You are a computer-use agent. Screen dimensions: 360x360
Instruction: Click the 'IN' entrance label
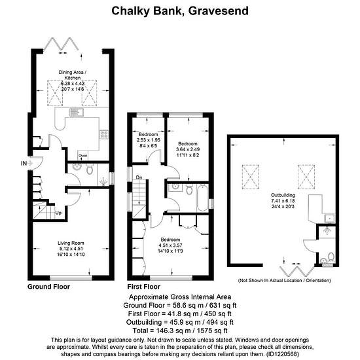pyautogui.click(x=24, y=163)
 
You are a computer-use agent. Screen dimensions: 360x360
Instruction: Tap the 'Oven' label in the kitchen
pyautogui.click(x=83, y=156)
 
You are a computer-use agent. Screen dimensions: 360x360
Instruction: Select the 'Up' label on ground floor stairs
pyautogui.click(x=58, y=213)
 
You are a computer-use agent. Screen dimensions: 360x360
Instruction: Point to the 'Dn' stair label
pyautogui.click(x=139, y=177)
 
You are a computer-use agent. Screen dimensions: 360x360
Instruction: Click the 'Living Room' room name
pyautogui.click(x=71, y=243)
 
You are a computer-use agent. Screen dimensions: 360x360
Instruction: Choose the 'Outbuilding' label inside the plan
pyautogui.click(x=283, y=195)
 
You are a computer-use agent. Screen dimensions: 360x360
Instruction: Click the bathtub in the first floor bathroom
pyautogui.click(x=202, y=198)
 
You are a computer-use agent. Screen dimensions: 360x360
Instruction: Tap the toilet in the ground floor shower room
pyautogui.click(x=90, y=170)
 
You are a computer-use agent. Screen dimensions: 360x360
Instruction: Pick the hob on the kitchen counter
pyautogui.click(x=104, y=135)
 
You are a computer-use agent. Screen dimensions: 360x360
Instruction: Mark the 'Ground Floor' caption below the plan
pyautogui.click(x=48, y=287)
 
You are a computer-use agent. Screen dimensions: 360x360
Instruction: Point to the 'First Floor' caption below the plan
pyautogui.click(x=144, y=287)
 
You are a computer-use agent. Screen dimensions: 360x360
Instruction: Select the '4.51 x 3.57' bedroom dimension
pyautogui.click(x=170, y=245)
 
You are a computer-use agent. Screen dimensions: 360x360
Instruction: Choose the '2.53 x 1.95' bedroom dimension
pyautogui.click(x=149, y=140)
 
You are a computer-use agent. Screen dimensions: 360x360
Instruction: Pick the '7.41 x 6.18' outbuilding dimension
pyautogui.click(x=283, y=201)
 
